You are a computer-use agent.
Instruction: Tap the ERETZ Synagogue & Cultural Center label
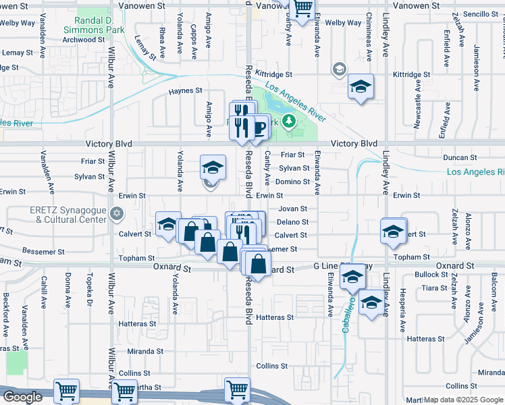[x=68, y=215]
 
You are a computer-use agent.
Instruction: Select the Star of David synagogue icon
[x=117, y=214]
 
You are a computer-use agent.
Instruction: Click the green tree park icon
[x=289, y=121]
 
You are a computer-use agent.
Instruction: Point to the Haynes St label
[x=185, y=90]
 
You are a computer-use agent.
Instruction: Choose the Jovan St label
[x=293, y=209]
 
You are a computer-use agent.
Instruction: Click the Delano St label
[x=292, y=222]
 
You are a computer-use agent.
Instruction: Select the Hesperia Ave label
[x=404, y=315]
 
